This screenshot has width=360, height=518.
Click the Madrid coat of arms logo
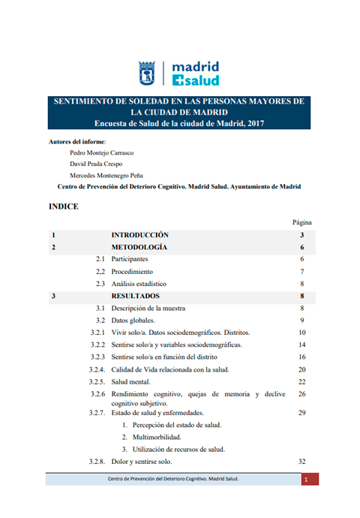click(x=148, y=73)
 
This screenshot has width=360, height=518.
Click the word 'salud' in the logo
click(x=200, y=80)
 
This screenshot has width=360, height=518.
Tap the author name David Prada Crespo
click(x=95, y=164)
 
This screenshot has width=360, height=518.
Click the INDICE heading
click(x=63, y=206)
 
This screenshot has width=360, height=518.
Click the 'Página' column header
click(x=301, y=222)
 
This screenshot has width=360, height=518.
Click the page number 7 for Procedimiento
click(x=301, y=271)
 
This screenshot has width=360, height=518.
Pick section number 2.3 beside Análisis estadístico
click(x=100, y=284)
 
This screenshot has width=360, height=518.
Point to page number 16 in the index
click(x=301, y=357)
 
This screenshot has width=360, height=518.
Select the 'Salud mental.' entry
click(x=133, y=381)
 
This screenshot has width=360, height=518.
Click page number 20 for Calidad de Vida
click(x=301, y=369)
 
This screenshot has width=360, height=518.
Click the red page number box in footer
click(x=306, y=479)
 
